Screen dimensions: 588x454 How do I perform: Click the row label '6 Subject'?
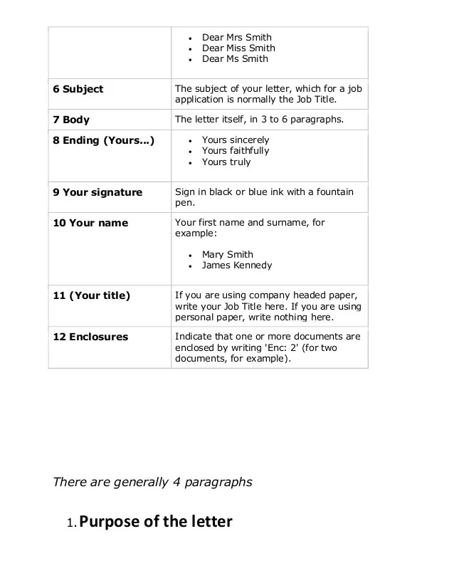click(78, 89)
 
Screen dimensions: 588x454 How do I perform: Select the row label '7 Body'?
click(71, 120)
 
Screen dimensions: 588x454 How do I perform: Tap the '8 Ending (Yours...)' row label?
click(104, 140)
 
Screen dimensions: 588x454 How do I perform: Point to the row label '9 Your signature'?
click(97, 192)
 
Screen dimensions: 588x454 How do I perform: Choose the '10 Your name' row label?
click(90, 223)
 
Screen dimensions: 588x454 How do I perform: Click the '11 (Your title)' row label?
click(92, 295)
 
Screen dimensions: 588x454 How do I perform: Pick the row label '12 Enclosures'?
click(90, 337)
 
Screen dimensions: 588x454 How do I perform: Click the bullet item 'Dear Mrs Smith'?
click(236, 37)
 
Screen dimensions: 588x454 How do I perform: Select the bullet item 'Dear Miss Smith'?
click(238, 48)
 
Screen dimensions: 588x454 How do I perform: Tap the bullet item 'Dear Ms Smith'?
click(235, 58)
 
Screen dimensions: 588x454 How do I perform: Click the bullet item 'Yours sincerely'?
click(236, 140)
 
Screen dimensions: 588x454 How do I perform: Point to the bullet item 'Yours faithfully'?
click(236, 151)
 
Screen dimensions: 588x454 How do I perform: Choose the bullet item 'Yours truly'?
click(226, 162)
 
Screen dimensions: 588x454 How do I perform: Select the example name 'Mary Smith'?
click(227, 254)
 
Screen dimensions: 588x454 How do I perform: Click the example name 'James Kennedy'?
click(236, 265)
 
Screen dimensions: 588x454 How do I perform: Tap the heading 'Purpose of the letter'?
click(155, 522)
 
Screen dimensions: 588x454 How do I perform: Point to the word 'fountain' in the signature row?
click(337, 192)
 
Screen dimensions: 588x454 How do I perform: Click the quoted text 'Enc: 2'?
click(301, 347)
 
